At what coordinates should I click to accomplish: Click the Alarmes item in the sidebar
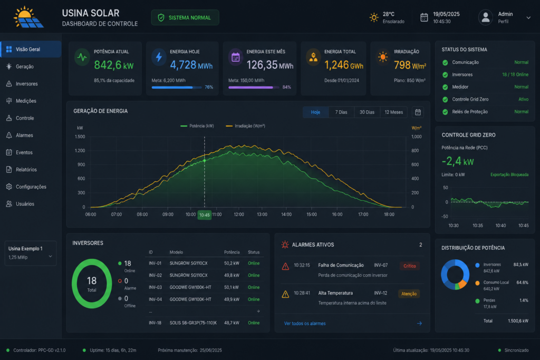pos(24,135)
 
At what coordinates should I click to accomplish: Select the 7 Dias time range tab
pos(341,112)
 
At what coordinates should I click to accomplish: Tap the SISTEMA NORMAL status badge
pos(185,17)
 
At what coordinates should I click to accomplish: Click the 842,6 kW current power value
pos(114,65)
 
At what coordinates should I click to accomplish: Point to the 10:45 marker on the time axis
pos(204,215)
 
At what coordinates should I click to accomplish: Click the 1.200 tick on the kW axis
pos(80,151)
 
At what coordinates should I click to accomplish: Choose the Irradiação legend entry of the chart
pos(245,126)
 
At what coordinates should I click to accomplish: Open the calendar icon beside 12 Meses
pos(418,112)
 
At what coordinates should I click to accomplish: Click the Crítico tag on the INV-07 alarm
pos(409,266)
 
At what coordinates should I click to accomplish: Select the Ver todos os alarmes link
pos(305,324)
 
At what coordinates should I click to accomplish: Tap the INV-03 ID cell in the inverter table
pos(155,287)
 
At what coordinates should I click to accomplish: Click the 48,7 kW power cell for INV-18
pos(232,323)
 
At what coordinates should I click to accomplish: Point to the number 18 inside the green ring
pos(92,280)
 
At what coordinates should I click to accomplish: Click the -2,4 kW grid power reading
pos(457,161)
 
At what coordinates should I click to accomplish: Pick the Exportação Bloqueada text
pos(509,175)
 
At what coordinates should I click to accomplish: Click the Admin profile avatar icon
pos(486,17)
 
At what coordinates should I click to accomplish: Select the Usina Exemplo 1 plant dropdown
pos(30,253)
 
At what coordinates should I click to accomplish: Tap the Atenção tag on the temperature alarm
pos(409,294)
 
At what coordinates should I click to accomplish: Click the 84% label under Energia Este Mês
pos(286,87)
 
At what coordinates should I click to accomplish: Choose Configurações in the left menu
pos(31,187)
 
